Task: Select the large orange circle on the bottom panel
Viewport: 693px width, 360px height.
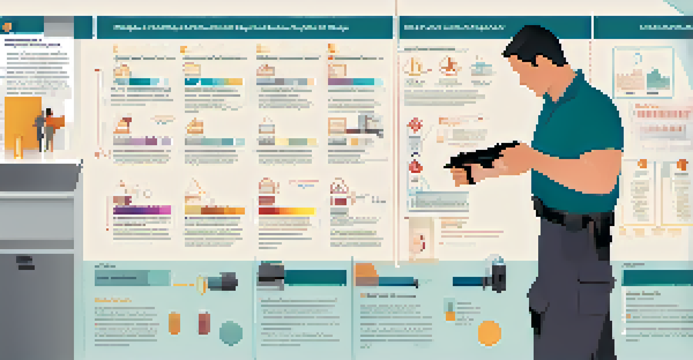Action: (x=489, y=333)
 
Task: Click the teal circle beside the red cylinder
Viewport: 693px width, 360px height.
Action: (x=231, y=333)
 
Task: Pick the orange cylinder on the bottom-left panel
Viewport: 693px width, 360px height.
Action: (x=174, y=323)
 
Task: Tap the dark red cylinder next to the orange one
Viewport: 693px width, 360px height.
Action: (x=204, y=323)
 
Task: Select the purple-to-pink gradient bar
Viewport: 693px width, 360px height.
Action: (x=142, y=210)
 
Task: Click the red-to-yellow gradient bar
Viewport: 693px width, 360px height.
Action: (x=286, y=211)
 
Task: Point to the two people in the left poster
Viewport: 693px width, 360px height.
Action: (x=46, y=129)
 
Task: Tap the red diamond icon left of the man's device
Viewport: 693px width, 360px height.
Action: (x=415, y=125)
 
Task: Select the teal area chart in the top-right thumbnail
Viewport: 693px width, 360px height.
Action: (x=658, y=80)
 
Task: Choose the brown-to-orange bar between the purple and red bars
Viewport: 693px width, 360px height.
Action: (x=215, y=211)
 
